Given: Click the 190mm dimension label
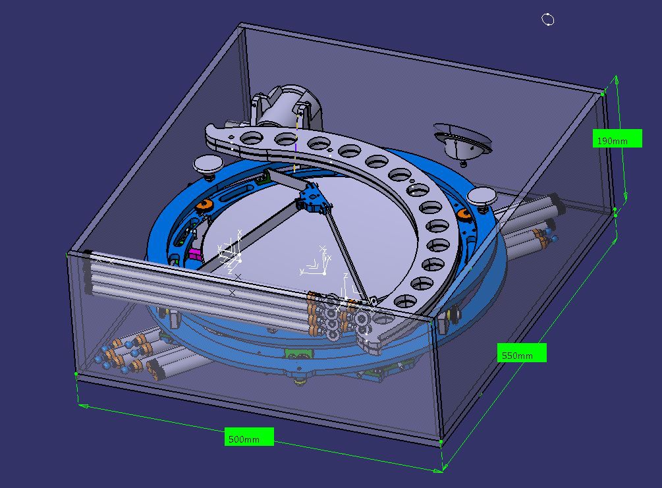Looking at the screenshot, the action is tap(617, 138).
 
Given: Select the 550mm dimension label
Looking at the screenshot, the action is tap(522, 352).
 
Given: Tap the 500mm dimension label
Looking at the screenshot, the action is tap(249, 437).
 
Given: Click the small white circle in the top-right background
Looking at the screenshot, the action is tap(547, 19).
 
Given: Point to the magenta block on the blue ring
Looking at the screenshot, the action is tap(194, 254).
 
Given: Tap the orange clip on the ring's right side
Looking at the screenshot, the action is tap(463, 214).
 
